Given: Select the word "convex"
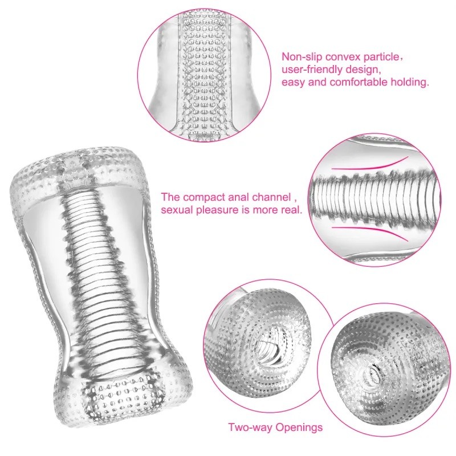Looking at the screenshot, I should (x=339, y=57).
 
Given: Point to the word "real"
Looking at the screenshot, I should (x=291, y=210).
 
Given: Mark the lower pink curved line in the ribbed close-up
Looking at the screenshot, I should (x=370, y=232).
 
